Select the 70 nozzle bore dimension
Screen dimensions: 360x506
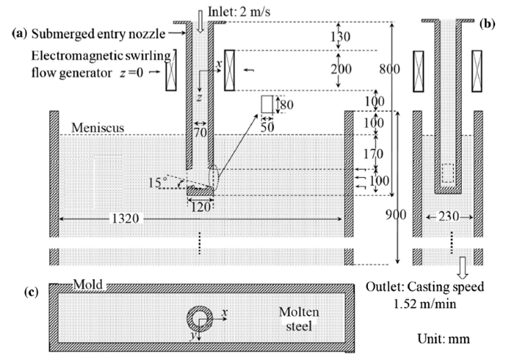point(200,132)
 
